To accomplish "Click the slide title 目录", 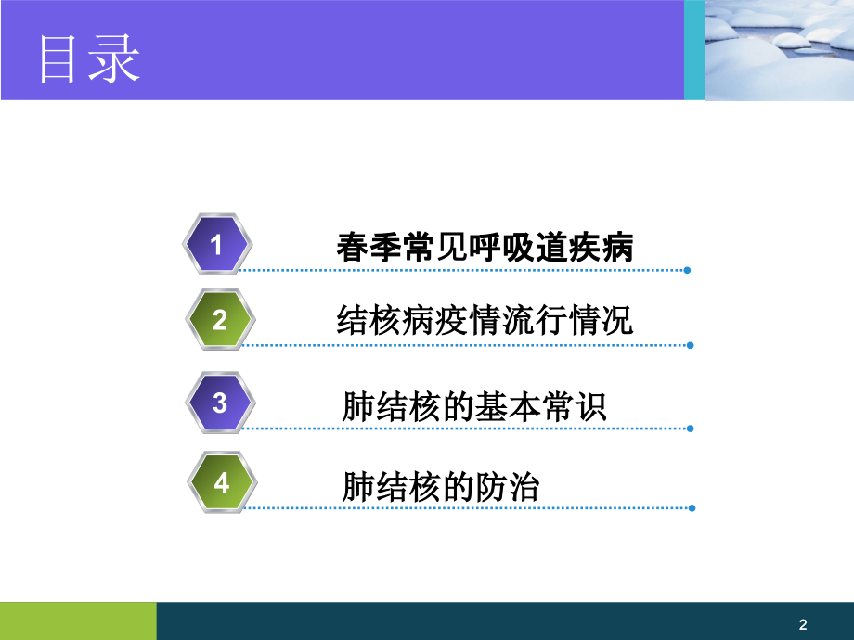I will tap(89, 59).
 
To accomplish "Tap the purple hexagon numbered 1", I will tap(217, 245).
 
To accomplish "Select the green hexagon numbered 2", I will tap(219, 320).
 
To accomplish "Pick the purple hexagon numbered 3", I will tap(219, 403).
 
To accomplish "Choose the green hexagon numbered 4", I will tap(220, 482).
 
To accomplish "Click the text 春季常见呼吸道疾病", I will tap(485, 248).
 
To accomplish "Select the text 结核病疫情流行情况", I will tap(485, 322).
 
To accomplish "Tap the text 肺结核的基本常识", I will tap(474, 406).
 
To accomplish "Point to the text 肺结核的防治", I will tap(440, 487).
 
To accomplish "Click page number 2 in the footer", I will tap(803, 624).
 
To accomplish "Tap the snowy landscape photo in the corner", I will tap(779, 49).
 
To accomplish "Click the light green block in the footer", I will tap(78, 621).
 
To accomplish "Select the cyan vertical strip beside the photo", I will tap(694, 50).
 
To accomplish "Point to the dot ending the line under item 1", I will tap(687, 271).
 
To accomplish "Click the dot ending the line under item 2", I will tap(689, 345).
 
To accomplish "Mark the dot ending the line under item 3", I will tap(689, 429).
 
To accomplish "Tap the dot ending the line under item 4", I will tap(689, 508).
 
